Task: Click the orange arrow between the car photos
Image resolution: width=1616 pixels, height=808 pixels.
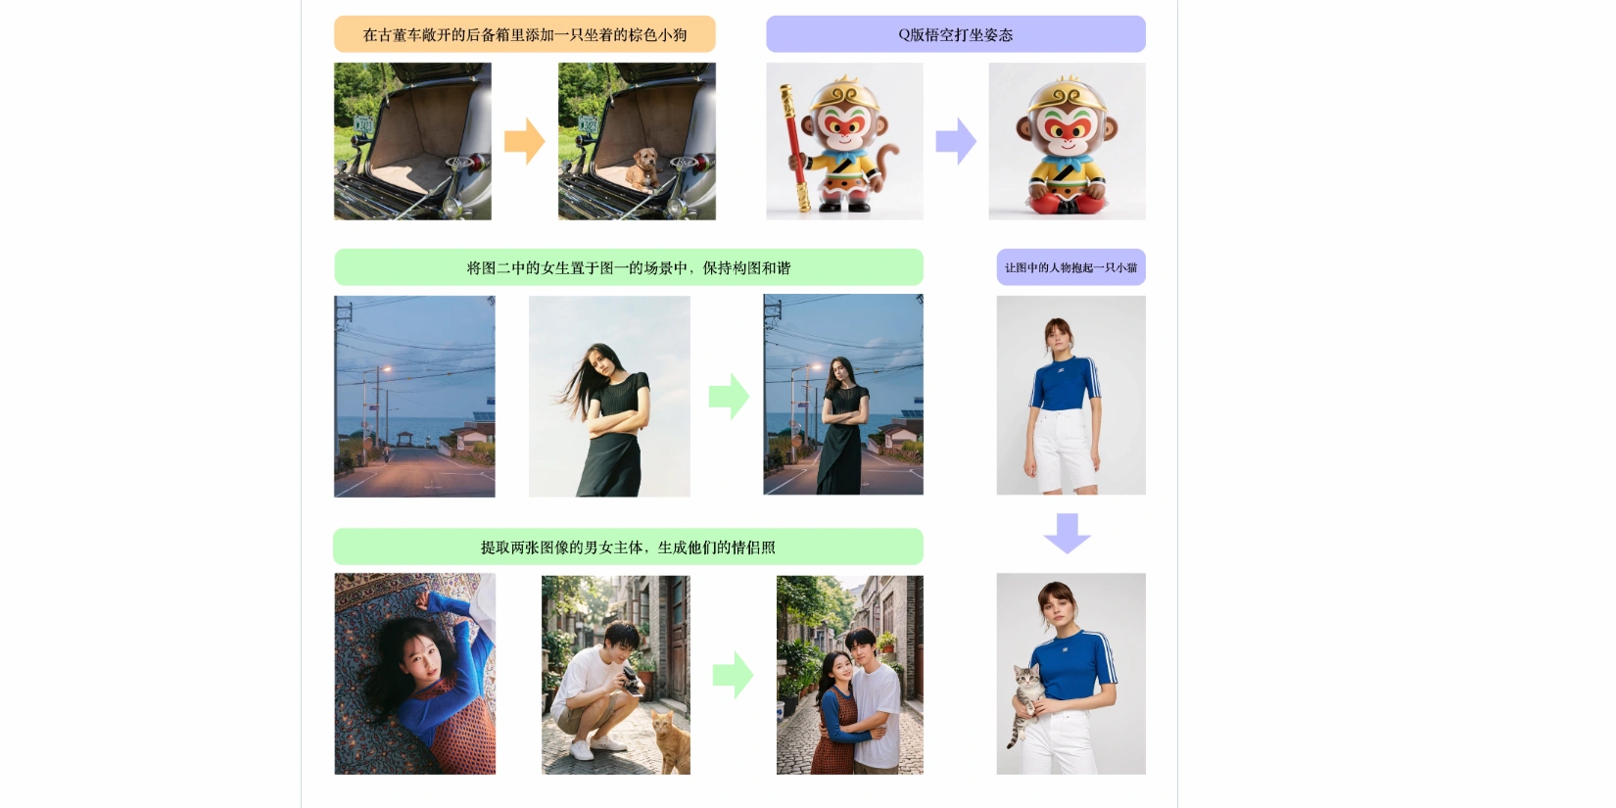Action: (525, 141)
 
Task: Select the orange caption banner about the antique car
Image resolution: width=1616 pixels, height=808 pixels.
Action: (525, 34)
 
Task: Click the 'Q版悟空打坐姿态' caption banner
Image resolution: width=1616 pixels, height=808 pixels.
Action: (955, 34)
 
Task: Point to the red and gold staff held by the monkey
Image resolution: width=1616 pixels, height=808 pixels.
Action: (794, 148)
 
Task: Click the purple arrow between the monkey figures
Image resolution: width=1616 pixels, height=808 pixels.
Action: (956, 141)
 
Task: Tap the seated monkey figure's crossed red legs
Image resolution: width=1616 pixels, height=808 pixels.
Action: (1067, 202)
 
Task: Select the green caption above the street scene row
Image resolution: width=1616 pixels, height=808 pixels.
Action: (629, 267)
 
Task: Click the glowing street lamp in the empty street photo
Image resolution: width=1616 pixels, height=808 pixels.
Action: (387, 369)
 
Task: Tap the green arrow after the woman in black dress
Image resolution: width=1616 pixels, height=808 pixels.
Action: (729, 396)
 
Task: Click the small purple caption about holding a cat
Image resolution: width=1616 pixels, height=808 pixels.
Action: (1070, 267)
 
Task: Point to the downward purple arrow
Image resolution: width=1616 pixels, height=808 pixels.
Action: (1067, 533)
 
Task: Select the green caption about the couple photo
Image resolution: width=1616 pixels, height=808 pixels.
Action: (628, 547)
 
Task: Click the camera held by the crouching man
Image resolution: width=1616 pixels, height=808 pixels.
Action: (632, 680)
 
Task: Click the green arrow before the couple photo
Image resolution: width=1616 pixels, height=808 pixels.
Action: (733, 675)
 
